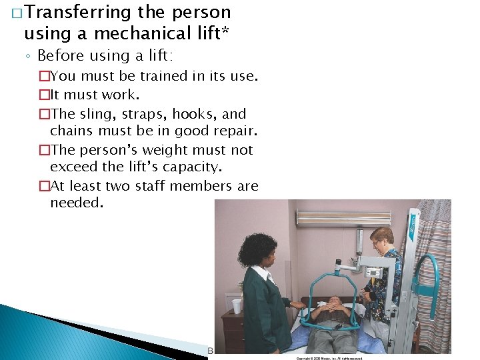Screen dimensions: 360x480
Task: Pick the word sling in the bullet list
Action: click(x=94, y=114)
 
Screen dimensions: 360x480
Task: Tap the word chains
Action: click(x=73, y=130)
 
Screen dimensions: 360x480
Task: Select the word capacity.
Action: click(x=203, y=167)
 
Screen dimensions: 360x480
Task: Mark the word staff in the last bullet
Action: click(x=158, y=186)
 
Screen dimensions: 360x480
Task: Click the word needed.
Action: click(x=76, y=203)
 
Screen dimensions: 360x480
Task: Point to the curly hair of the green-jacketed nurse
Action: click(x=257, y=249)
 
